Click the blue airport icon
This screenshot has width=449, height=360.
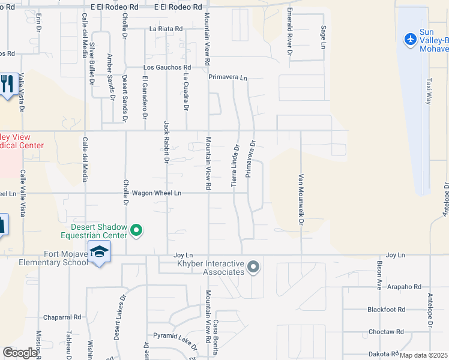coord(411,40)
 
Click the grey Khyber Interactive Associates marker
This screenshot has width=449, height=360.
coord(253,266)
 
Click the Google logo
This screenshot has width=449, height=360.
coord(20,353)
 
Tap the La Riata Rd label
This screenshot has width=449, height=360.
coord(166,28)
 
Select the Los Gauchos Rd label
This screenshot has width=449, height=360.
coord(167,67)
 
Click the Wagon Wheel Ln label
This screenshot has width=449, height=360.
coord(161,193)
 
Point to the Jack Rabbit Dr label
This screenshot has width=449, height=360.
coord(167,142)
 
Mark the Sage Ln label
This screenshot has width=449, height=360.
coord(323,34)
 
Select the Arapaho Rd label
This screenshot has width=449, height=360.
coord(405,287)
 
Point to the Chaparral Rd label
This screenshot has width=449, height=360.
coord(62,317)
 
